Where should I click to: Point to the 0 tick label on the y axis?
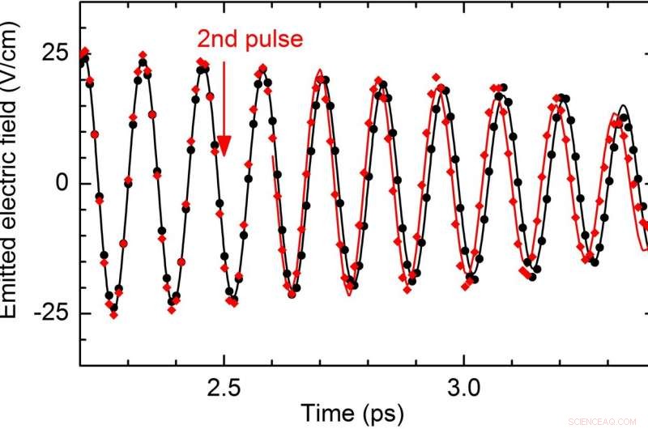click(60, 183)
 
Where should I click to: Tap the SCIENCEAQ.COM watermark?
click(607, 420)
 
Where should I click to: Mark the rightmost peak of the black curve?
click(622, 106)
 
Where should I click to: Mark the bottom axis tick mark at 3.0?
click(463, 360)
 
